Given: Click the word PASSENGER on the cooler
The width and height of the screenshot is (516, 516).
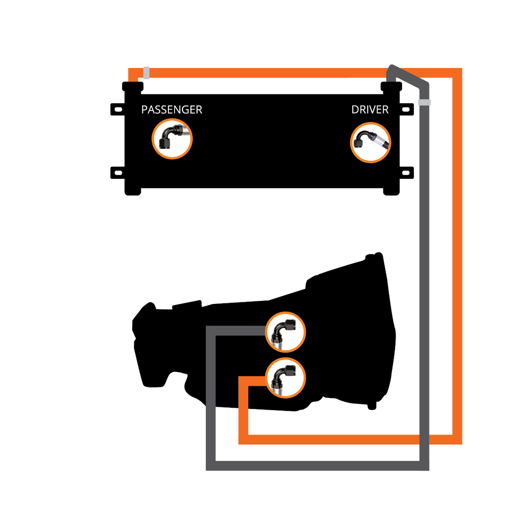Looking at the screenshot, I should tap(171, 110).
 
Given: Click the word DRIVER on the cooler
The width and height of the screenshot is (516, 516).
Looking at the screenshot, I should tap(370, 110).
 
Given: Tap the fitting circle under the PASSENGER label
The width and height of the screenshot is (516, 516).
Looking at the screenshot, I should tap(172, 139).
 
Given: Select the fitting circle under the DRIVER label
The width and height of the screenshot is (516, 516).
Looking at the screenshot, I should tap(370, 142).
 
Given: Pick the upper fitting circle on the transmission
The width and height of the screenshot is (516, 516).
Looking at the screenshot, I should tap(285, 332).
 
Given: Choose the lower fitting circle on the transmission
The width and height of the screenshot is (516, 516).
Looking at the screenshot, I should tap(285, 378).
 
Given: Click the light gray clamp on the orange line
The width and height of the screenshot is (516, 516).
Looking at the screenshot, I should tap(147, 73).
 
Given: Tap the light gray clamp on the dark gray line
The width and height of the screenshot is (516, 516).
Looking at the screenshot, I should tap(424, 102).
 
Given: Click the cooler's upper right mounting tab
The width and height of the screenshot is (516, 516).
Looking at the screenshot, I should tap(406, 109).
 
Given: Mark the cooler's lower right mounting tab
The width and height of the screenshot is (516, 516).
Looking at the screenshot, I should tap(406, 173).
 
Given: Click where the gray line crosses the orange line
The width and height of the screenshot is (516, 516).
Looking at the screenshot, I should tap(424, 439).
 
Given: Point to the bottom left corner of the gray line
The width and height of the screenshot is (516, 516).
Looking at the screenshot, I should tap(211, 466).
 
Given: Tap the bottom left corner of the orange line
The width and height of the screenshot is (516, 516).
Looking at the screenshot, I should tap(243, 439).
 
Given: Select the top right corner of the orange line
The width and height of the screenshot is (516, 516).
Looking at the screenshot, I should tap(457, 73).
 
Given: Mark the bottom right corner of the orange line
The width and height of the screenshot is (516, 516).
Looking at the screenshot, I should tap(457, 439).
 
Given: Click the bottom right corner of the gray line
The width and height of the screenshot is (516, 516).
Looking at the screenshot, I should tap(424, 466).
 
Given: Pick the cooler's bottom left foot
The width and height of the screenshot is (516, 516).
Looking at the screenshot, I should tap(133, 191).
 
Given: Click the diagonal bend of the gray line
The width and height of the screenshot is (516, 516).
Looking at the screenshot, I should tap(409, 76).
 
